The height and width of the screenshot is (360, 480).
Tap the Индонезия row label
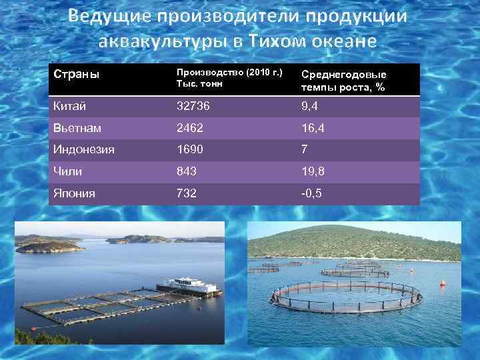[x=84, y=149]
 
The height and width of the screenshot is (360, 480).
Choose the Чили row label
[x=67, y=171]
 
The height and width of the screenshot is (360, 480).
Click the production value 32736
[x=192, y=105]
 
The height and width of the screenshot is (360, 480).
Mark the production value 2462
[x=189, y=127]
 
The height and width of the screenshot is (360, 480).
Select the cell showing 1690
[x=189, y=149]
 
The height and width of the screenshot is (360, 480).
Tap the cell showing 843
[x=186, y=171]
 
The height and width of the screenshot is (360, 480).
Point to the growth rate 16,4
[x=313, y=127]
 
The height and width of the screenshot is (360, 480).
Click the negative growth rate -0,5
[x=312, y=193]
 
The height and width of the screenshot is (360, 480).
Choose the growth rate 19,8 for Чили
[x=313, y=171]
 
